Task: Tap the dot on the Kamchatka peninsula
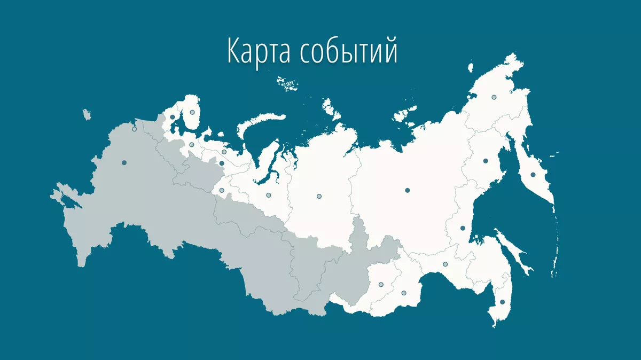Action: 533,175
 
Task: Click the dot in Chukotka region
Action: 494,97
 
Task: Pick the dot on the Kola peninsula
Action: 192,112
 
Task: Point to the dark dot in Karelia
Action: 173,117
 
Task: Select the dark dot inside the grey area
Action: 124,162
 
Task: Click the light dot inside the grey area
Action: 134,129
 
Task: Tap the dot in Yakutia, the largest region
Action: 407,190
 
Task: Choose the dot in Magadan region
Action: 486,161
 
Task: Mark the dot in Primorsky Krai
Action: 502,302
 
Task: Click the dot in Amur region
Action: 445,264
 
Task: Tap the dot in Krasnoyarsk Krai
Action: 319,197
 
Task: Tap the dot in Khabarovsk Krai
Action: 463,228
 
